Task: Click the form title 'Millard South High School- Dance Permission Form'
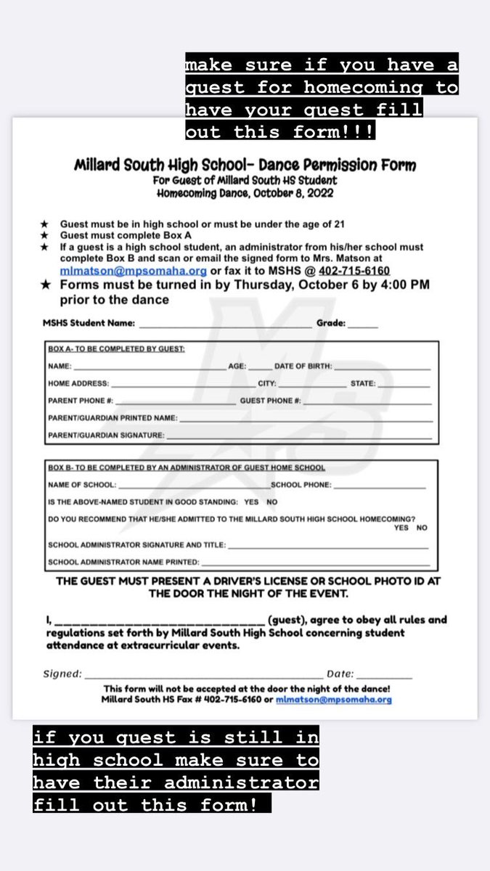[245, 165]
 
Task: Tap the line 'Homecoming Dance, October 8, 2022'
[245, 194]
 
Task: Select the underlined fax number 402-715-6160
[354, 271]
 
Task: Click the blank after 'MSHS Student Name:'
[225, 324]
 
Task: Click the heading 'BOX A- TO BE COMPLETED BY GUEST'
[116, 349]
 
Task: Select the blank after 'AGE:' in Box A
[259, 367]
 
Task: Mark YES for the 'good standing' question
[251, 502]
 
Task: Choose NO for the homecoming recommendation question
[422, 528]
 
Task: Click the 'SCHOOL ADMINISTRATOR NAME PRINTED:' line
[315, 562]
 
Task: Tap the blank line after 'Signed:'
[204, 674]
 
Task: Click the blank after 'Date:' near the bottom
[384, 674]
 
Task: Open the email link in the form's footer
[333, 700]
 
